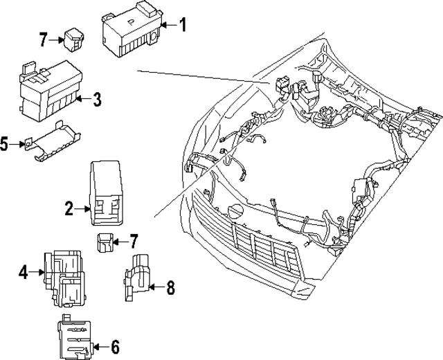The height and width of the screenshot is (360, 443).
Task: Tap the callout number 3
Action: [97, 100]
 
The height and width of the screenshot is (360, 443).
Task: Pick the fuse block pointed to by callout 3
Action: [46, 87]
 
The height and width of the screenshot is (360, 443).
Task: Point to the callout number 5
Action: [4, 144]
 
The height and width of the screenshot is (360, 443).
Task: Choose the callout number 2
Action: [69, 207]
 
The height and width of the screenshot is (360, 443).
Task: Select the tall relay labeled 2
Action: [105, 192]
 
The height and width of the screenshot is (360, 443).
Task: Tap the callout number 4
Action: [24, 273]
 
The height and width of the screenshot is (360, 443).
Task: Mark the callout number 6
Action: [115, 346]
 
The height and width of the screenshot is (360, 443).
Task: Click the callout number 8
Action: [170, 286]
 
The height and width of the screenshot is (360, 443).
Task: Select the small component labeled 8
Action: [138, 278]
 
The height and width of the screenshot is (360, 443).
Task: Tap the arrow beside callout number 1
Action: [166, 26]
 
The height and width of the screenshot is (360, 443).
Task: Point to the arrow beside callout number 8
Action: [155, 286]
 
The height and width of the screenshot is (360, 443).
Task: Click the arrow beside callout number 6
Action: [99, 346]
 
